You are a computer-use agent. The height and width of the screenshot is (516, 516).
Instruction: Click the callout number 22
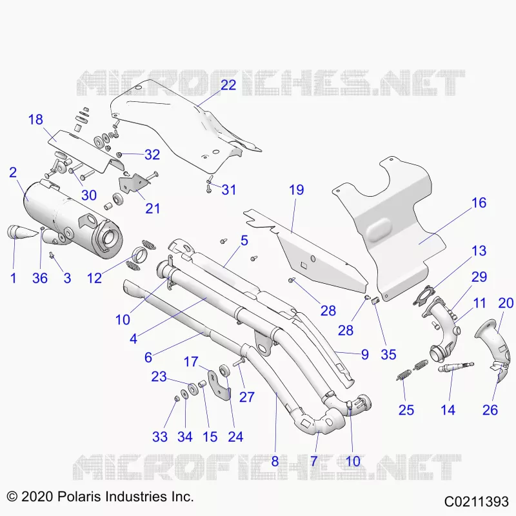click(228, 85)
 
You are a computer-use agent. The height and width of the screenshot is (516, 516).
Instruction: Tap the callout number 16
click(479, 203)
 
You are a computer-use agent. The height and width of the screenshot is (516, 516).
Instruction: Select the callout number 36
click(40, 278)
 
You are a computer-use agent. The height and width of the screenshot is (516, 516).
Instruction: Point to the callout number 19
click(296, 190)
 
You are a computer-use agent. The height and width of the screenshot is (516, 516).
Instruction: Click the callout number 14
click(448, 410)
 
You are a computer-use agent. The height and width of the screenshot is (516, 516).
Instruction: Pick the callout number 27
click(247, 397)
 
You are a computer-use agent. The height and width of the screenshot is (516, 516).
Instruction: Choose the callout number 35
click(388, 354)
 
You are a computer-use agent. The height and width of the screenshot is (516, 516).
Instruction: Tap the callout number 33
click(160, 437)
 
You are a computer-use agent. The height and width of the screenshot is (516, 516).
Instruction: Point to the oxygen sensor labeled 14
click(456, 367)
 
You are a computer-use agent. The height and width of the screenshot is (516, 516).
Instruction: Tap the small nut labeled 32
click(119, 154)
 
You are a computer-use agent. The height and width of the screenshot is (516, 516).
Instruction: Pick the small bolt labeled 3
click(52, 255)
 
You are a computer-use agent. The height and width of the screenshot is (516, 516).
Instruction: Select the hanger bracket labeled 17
click(217, 385)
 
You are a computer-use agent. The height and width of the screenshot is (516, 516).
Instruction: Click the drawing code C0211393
click(476, 502)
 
